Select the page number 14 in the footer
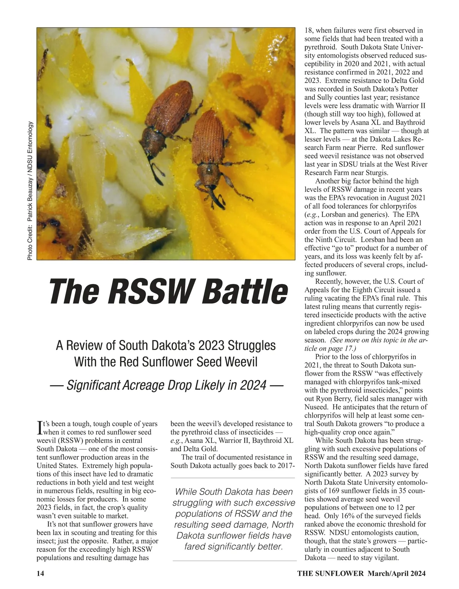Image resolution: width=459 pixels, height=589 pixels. pos(40,573)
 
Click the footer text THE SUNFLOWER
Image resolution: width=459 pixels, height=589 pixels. pos(330,573)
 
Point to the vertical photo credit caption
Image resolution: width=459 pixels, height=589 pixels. pos(30,191)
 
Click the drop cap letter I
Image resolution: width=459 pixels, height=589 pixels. pos(39,428)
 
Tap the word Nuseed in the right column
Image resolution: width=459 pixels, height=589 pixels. pos(316,407)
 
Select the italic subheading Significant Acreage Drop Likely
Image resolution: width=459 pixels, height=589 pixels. pos(166,385)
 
